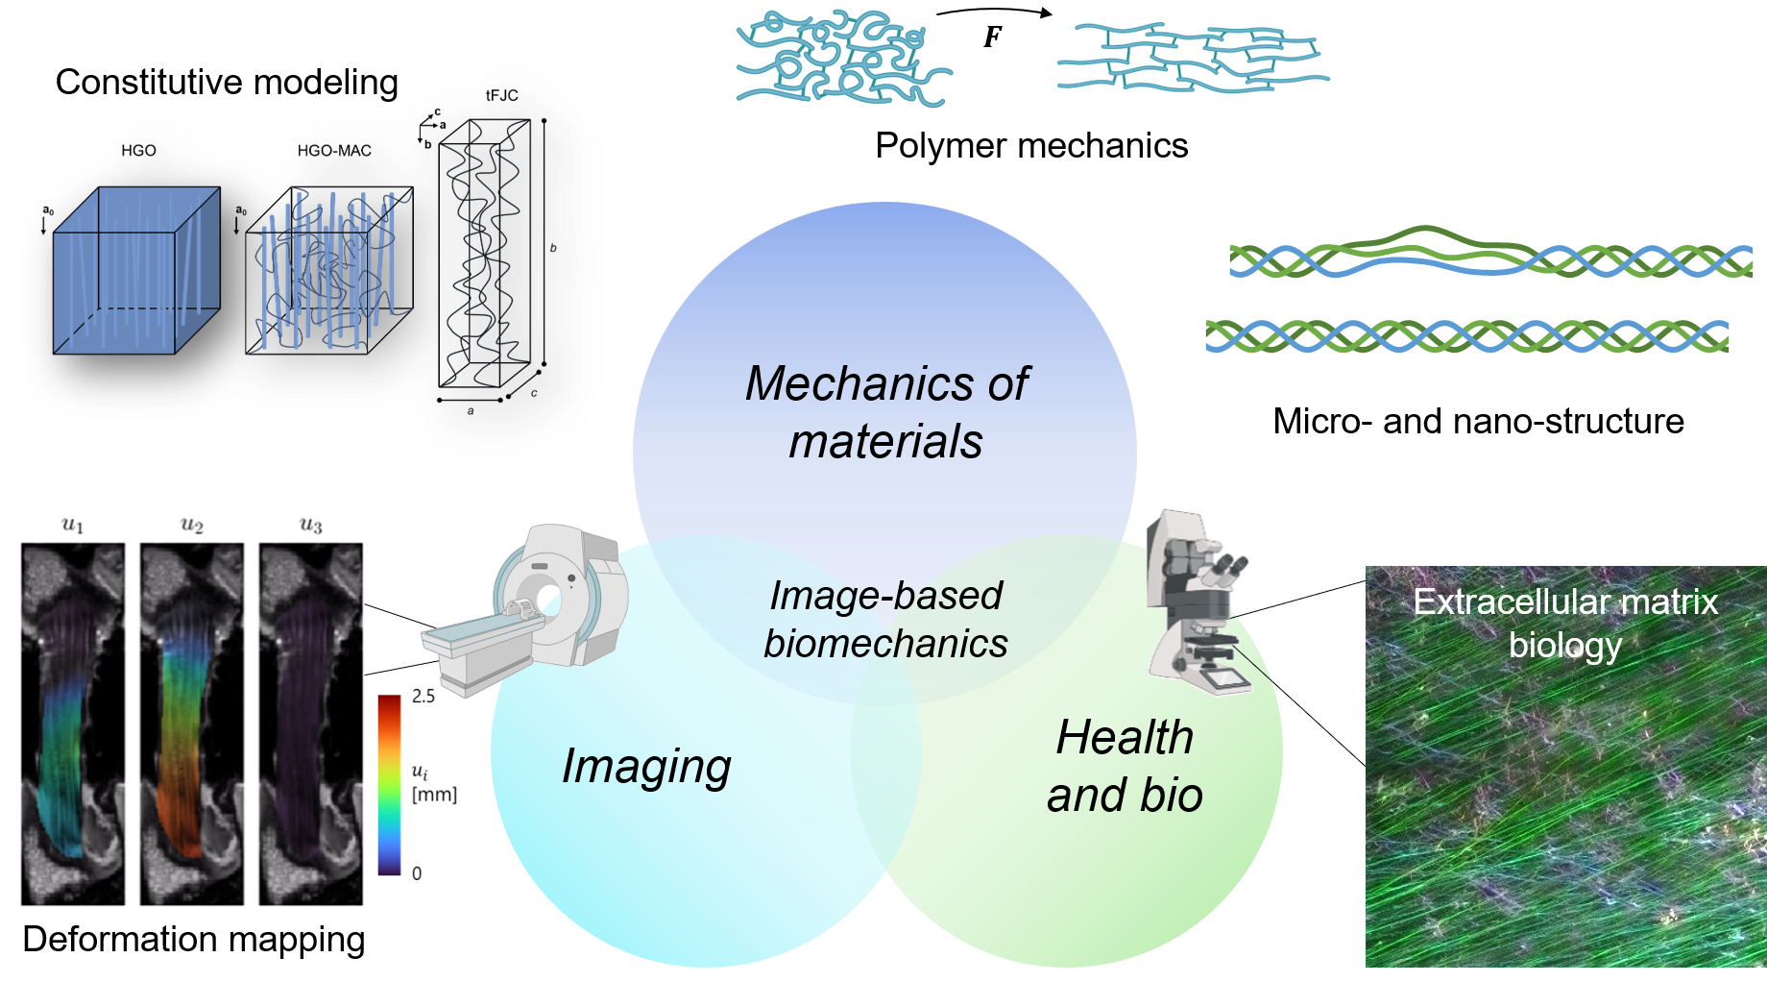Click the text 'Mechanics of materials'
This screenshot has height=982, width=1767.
[x=885, y=412]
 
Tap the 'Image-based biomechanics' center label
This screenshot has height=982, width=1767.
[x=885, y=620]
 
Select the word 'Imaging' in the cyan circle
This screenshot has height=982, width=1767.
[x=646, y=767]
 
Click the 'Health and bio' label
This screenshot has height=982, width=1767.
[x=1125, y=767]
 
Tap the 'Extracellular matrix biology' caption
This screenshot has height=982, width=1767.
[x=1564, y=623]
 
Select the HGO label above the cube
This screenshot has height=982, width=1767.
[x=138, y=151]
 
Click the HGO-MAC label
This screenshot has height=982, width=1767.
[x=334, y=151]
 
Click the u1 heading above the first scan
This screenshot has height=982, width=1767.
[x=73, y=525]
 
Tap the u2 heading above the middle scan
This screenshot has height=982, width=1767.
[x=192, y=525]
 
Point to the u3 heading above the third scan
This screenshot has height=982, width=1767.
[x=310, y=525]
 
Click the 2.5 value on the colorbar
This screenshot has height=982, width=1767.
[x=423, y=696]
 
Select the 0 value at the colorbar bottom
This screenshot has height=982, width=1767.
[x=417, y=873]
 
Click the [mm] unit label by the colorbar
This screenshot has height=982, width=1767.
[x=434, y=795]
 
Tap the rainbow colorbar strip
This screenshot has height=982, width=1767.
[x=388, y=784]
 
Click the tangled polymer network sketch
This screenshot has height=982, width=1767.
[x=844, y=57]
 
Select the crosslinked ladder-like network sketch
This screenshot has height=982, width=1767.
[x=1190, y=57]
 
